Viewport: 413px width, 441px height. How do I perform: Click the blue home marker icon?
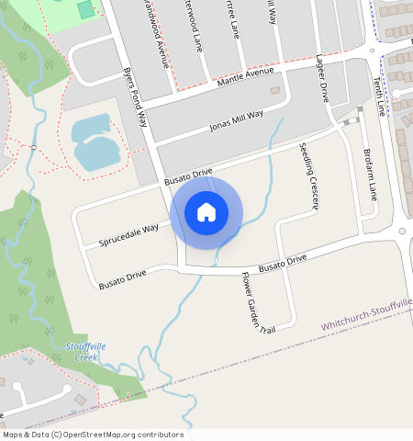coord(206,212)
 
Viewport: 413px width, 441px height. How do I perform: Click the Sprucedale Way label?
coord(128,233)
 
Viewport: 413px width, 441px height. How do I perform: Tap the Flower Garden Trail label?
coord(258,302)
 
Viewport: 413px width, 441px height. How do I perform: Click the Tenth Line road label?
coord(379,94)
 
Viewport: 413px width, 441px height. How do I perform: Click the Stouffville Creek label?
coord(86,350)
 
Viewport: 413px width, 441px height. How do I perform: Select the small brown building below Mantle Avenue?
coord(275,90)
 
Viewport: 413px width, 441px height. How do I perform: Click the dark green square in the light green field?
coord(85,10)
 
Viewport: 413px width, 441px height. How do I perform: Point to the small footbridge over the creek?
coord(33,147)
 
